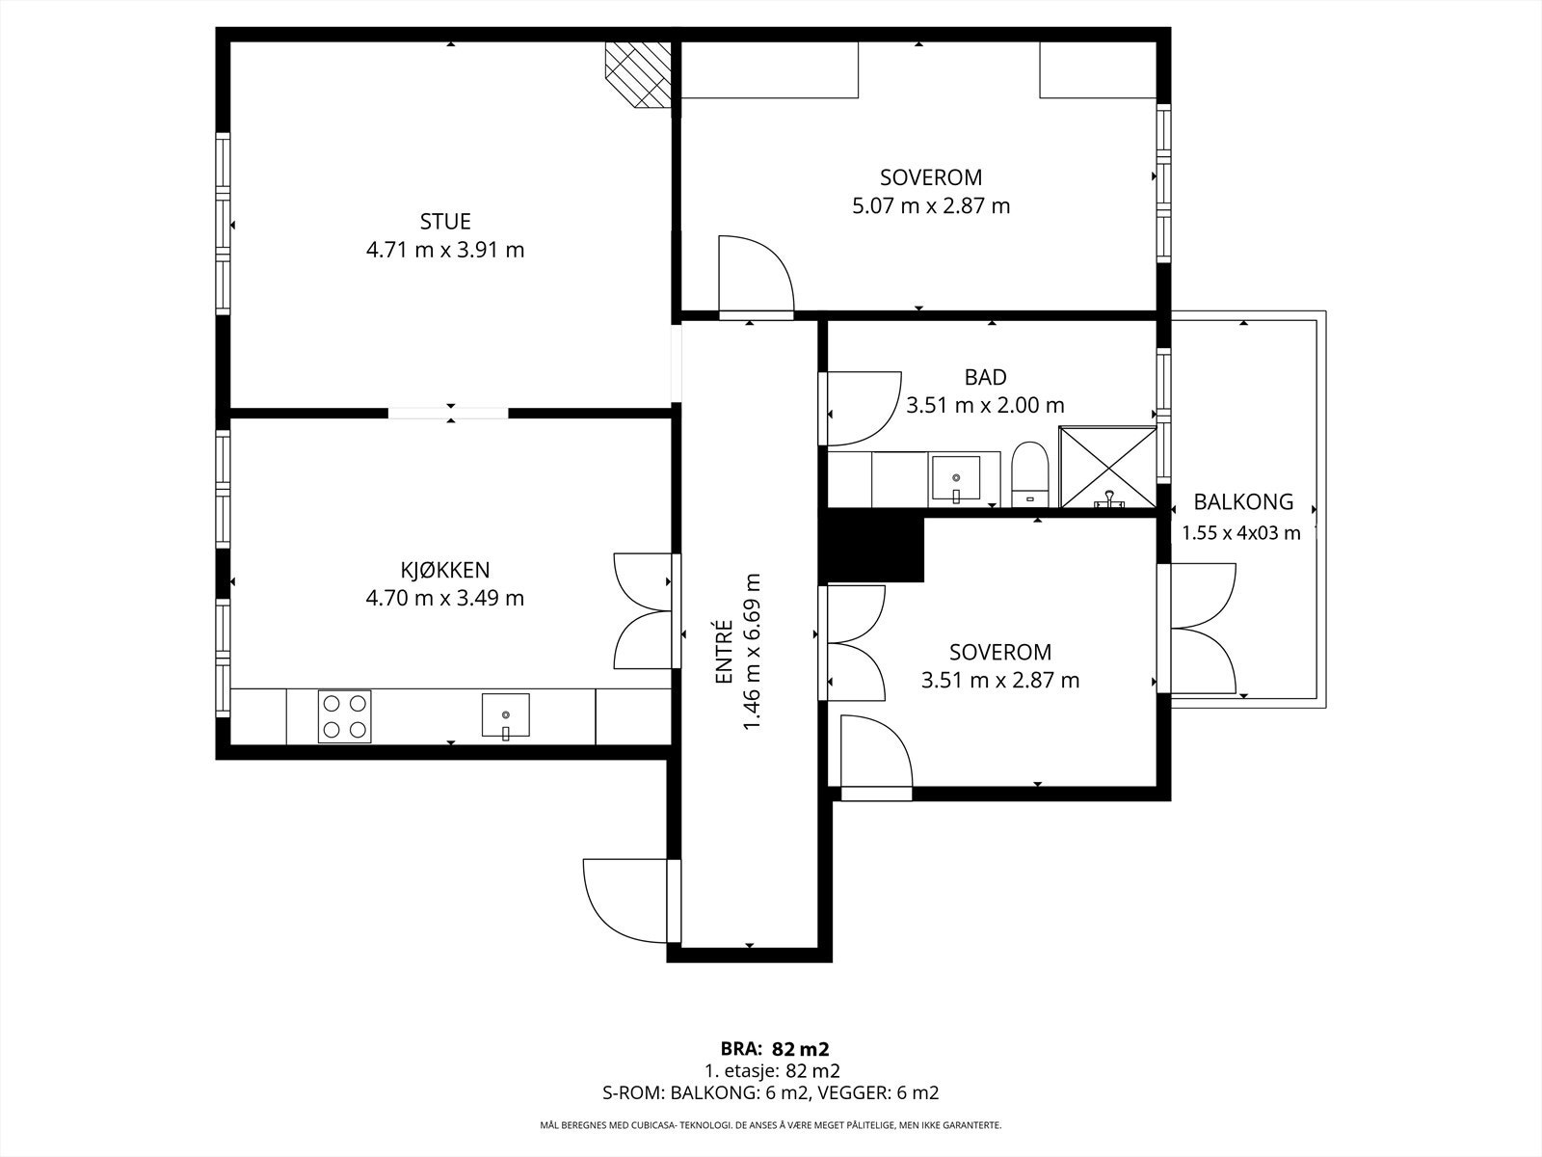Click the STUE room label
(x=445, y=222)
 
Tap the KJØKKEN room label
(x=444, y=570)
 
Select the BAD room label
(x=986, y=378)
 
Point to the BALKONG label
(x=1243, y=502)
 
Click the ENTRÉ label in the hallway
(x=724, y=651)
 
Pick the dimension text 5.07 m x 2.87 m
(x=931, y=206)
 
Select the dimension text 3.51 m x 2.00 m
(x=985, y=406)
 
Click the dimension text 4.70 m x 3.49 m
(x=444, y=599)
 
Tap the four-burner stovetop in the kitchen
(x=344, y=716)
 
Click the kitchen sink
(x=506, y=715)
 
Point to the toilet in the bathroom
(x=1030, y=474)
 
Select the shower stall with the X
(x=1108, y=468)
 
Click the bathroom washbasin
(x=955, y=477)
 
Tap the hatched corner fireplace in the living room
(x=639, y=75)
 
